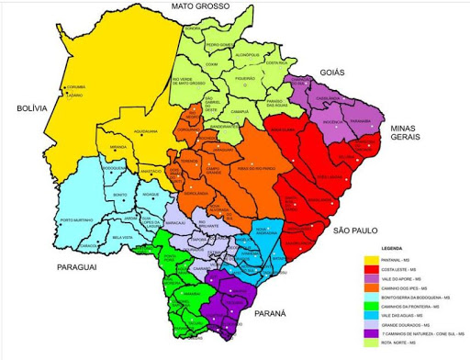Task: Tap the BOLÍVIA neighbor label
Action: pyautogui.click(x=30, y=108)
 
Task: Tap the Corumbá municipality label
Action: pyautogui.click(x=75, y=88)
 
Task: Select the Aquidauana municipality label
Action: pyautogui.click(x=147, y=131)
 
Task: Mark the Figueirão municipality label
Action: pyautogui.click(x=244, y=79)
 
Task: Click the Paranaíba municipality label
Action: pyautogui.click(x=360, y=120)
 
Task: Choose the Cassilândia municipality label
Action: pyautogui.click(x=328, y=97)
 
